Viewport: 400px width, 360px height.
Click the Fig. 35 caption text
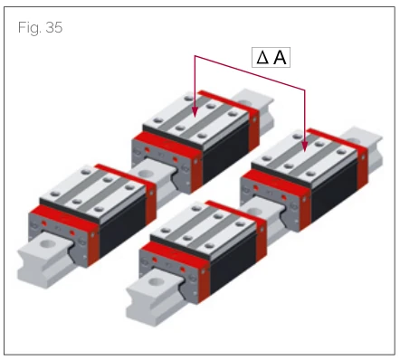pyautogui.click(x=40, y=27)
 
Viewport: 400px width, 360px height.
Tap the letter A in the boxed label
pyautogui.click(x=280, y=57)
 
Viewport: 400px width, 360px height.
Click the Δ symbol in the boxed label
pyautogui.click(x=262, y=57)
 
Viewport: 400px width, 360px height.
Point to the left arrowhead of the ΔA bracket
pyautogui.click(x=195, y=112)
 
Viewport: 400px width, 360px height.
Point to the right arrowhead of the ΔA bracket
pyautogui.click(x=305, y=147)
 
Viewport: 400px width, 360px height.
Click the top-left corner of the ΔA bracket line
pyautogui.click(x=195, y=56)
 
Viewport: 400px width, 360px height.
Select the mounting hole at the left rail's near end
pyautogui.click(x=47, y=243)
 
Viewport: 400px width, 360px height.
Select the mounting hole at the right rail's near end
pyautogui.click(x=156, y=282)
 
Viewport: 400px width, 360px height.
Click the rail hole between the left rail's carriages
pyautogui.click(x=147, y=174)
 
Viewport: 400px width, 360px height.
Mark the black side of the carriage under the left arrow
pyautogui.click(x=225, y=154)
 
